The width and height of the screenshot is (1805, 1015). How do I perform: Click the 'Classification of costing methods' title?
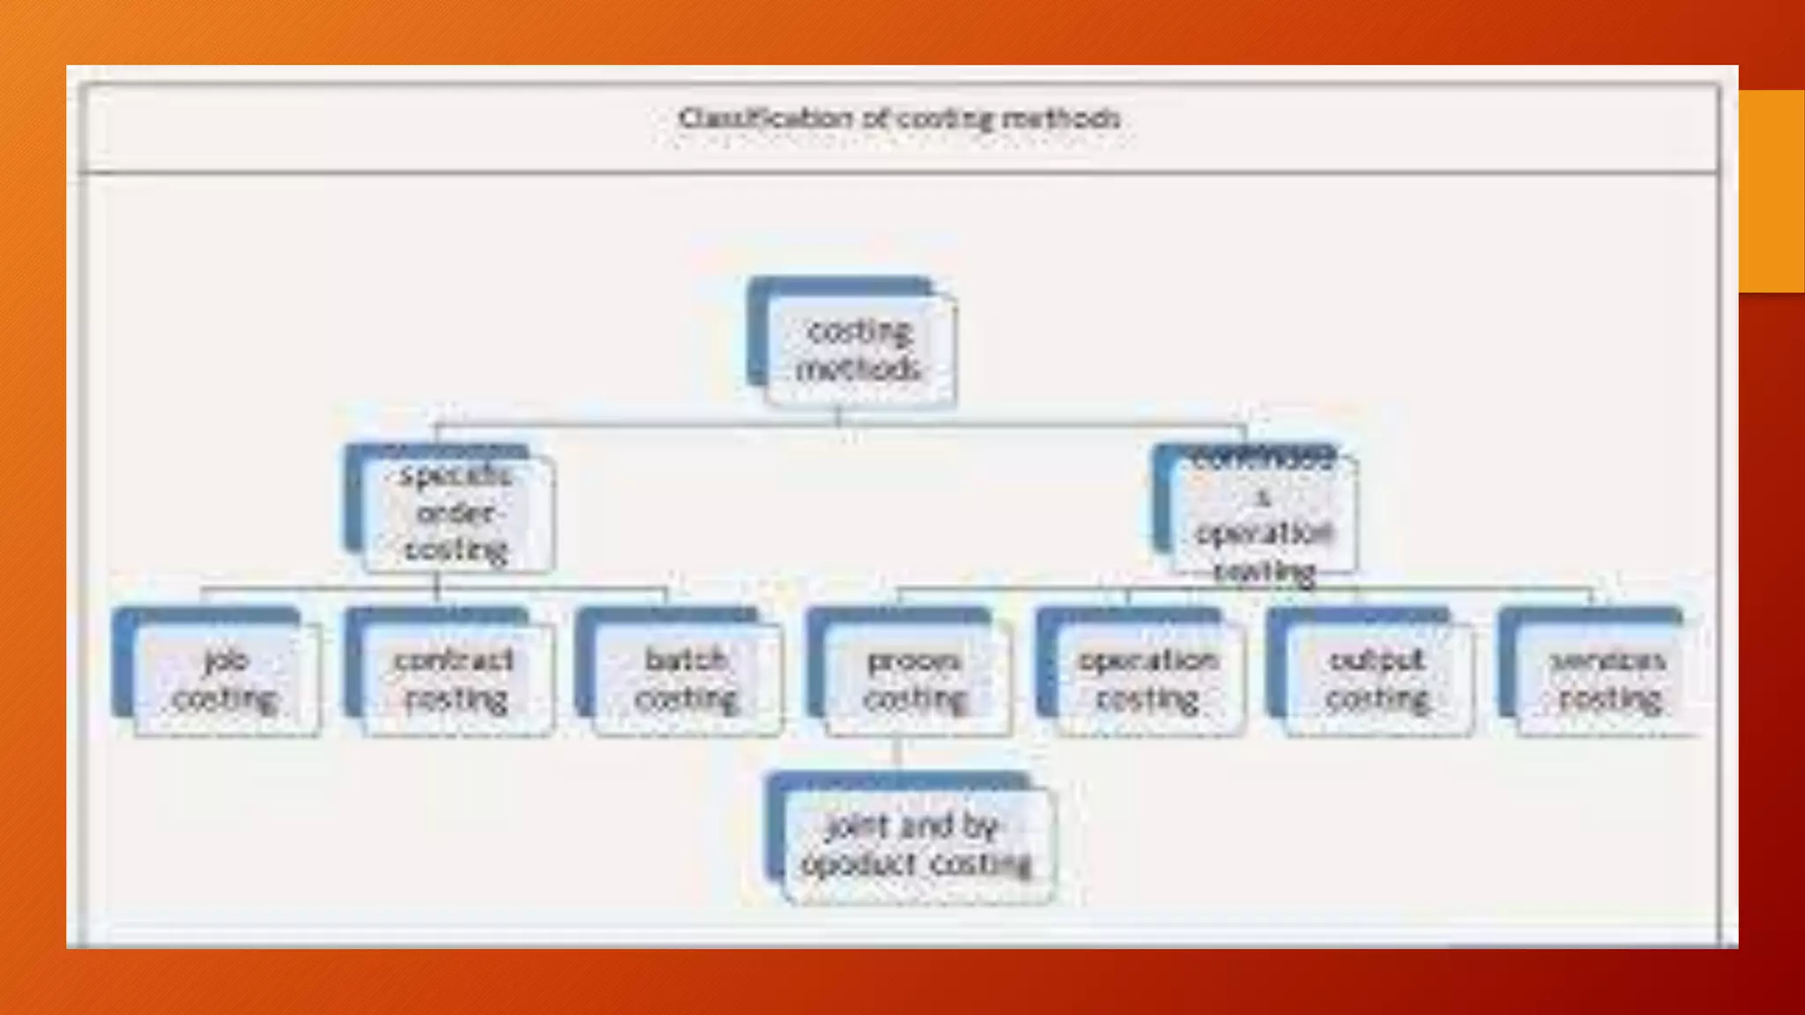[x=899, y=118]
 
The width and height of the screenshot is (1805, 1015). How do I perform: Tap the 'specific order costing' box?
[x=455, y=513]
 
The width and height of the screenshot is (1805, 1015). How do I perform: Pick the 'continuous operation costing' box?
[x=1262, y=515]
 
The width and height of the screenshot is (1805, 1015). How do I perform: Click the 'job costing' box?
[x=225, y=678]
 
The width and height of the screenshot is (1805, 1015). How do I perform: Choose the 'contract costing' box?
[x=455, y=678]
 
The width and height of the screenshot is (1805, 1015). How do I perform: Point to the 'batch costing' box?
[x=685, y=678]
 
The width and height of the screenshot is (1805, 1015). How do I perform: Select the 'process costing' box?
[x=915, y=678]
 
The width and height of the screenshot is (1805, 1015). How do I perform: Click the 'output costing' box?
[x=1376, y=678]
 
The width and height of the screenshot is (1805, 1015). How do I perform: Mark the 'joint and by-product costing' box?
[x=915, y=844]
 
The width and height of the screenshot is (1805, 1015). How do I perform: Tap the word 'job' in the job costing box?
[x=226, y=659]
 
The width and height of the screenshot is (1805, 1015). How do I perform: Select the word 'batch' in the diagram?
[x=685, y=659]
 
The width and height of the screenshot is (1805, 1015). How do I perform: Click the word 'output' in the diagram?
[x=1376, y=659]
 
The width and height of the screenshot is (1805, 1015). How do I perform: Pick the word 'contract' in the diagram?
[x=453, y=659]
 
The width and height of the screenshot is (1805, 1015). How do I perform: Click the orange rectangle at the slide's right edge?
[x=1772, y=190]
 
